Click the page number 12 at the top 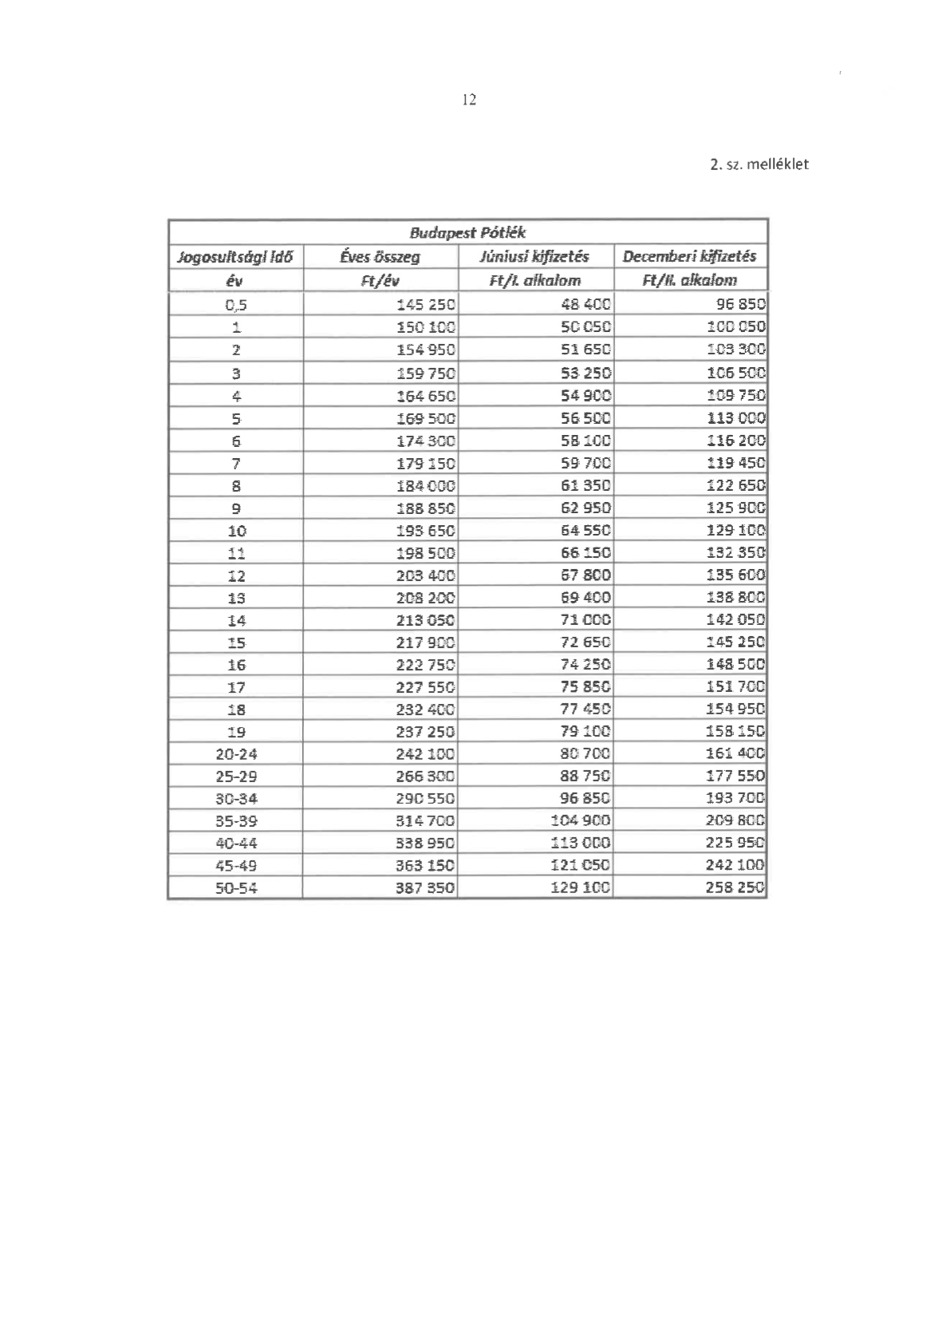pos(469,100)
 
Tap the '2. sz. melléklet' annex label pos(759,164)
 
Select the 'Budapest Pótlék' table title pos(467,232)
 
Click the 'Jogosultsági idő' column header pos(235,257)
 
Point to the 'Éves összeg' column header pos(380,257)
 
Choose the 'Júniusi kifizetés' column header pos(534,256)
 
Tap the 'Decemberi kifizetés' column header pos(689,256)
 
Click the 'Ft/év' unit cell pos(380,280)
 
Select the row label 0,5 pos(236,304)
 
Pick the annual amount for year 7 pos(425,464)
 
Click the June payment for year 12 pos(585,575)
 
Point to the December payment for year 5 pos(735,418)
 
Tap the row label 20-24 pos(236,754)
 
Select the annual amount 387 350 pos(425,888)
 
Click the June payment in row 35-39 pos(581,821)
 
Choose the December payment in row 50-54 pos(735,888)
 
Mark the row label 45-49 pos(236,866)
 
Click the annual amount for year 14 pos(425,620)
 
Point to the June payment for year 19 pos(585,732)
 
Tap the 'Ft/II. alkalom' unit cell pos(689,280)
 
